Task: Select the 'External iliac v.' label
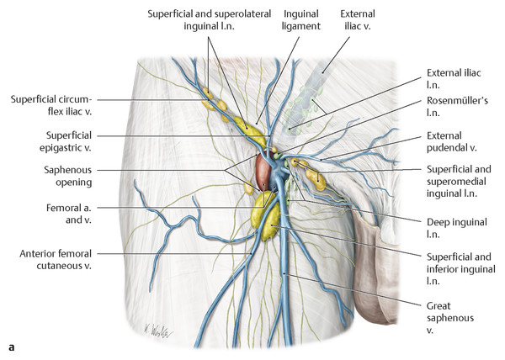pyautogui.click(x=356, y=20)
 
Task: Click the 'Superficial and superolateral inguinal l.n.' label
pyautogui.click(x=200, y=20)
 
